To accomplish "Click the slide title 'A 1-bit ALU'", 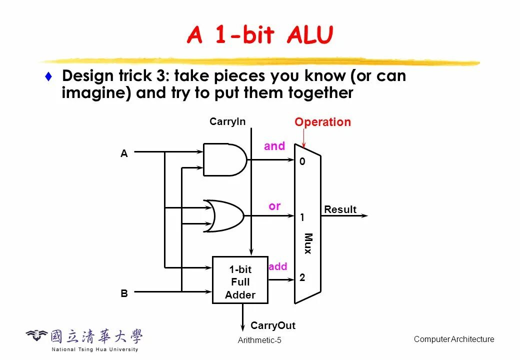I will pos(259,35).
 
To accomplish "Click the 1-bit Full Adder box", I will pos(240,280).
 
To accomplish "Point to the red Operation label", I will pos(322,122).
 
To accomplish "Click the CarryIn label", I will pos(227,121).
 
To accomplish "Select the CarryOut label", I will pos(273,325).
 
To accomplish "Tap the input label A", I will pos(124,154).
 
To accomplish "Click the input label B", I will pos(124,293).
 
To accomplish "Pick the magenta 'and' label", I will pos(274,146).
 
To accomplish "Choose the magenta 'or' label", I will pos(274,206).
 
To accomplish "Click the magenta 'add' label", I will pos(278,266).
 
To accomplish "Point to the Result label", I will pos(340,209).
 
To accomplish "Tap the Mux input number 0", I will pos(302,162).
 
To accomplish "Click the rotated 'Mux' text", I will pos(308,243).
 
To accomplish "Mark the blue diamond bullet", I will pos(48,76).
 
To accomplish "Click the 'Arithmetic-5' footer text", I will pos(259,340).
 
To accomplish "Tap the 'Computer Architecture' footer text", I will pos(453,339).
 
